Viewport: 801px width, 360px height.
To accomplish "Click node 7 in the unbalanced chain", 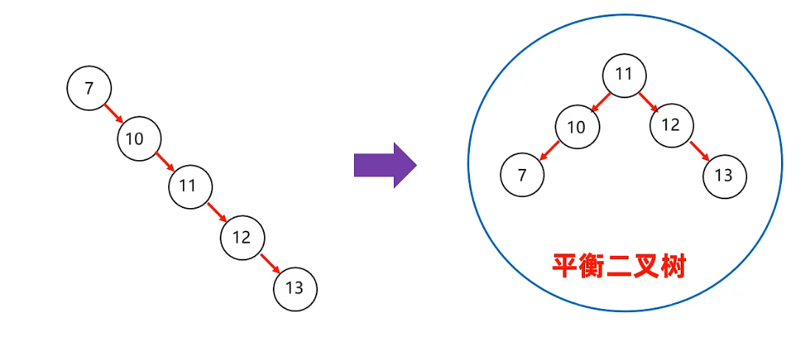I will (x=89, y=89).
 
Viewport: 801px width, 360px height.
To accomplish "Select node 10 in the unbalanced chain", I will (x=139, y=138).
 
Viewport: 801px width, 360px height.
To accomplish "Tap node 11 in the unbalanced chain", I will (x=190, y=187).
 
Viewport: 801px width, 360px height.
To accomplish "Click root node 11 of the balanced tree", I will (x=624, y=75).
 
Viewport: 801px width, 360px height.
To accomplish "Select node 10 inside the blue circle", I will (x=576, y=127).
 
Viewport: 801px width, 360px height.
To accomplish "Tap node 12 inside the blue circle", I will (x=671, y=125).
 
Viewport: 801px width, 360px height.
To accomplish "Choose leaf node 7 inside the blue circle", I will (x=522, y=175).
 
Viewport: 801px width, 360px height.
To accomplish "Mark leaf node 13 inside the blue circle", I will (x=724, y=176).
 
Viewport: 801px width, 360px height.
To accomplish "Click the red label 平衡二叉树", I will (x=620, y=266).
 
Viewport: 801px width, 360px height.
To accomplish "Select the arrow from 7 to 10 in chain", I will (x=114, y=114).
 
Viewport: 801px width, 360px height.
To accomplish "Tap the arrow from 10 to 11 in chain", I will (x=164, y=162).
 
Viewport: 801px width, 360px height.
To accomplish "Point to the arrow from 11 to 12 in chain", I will (x=216, y=212).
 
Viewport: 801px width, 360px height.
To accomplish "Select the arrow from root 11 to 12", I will (x=648, y=101).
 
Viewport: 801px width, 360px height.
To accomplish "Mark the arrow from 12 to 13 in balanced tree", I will (x=698, y=150).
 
